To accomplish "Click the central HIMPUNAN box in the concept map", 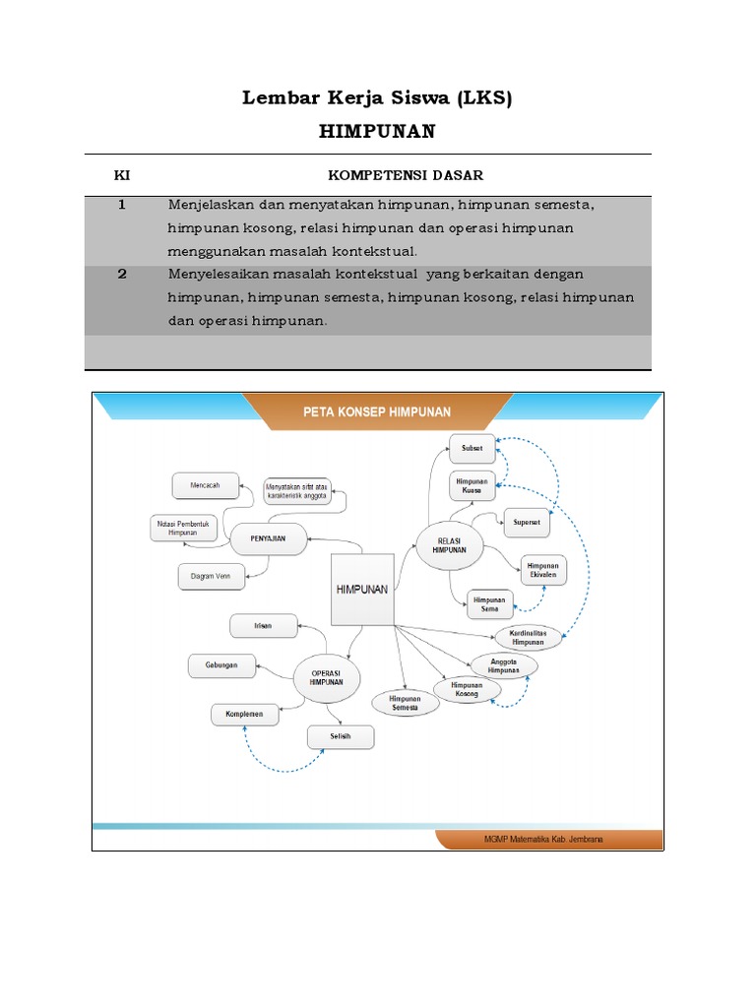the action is point(362,589).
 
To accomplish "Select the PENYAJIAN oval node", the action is point(267,538).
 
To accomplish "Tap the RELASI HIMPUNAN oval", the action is point(448,546).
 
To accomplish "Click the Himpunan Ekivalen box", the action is point(543,569).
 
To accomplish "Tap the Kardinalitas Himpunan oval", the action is point(528,637).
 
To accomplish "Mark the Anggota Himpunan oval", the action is point(505,665).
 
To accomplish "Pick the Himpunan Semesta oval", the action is point(405,702).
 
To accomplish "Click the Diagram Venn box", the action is point(211,576).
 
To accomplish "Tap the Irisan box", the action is point(263,624).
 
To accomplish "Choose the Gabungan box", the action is point(221,666).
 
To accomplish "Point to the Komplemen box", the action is point(244,715).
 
